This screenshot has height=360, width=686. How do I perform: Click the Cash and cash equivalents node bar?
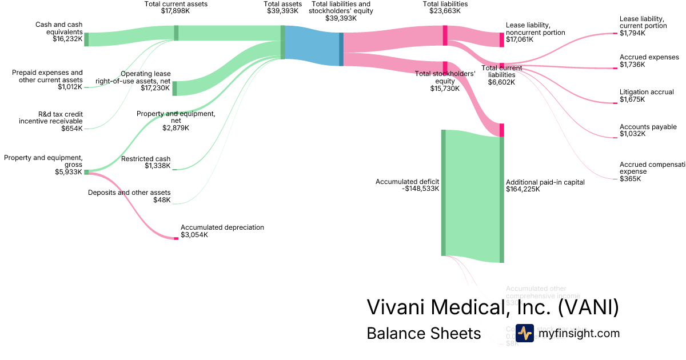[86, 39]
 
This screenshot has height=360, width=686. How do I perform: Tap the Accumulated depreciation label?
[222, 227]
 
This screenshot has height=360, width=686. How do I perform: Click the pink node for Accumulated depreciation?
[176, 238]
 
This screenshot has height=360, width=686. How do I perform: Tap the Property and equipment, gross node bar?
[86, 171]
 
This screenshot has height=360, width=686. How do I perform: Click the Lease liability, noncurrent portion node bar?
[501, 39]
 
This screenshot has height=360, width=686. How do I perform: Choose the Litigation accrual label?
[647, 92]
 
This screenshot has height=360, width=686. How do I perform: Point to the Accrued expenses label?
[649, 57]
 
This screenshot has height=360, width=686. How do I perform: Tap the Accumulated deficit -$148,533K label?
[407, 185]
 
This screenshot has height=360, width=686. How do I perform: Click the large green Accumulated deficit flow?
[472, 194]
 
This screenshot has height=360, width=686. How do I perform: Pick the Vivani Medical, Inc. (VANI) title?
[492, 307]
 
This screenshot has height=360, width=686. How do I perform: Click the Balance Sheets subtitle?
[424, 333]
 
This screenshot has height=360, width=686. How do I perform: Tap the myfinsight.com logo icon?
[524, 333]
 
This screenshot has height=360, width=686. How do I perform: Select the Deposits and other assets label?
[129, 193]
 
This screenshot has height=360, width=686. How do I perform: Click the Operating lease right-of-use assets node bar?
[174, 89]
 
